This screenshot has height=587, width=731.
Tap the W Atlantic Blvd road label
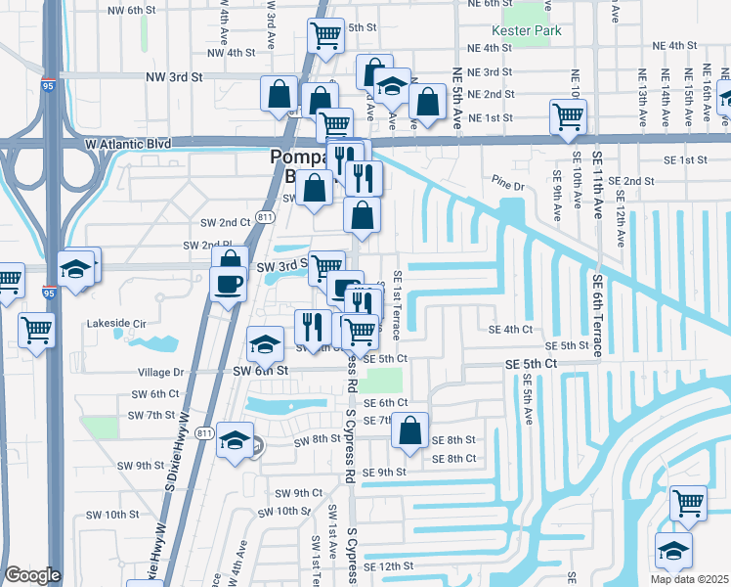pos(128,144)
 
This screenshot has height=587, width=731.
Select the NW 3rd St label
pos(173,76)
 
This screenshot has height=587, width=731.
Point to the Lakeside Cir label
pos(115,322)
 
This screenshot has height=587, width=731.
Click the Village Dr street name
pos(161,373)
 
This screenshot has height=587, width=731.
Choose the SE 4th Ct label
pos(512,331)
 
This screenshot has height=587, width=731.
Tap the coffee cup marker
pos(229,283)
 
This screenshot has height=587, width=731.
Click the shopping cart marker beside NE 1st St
pos(568,116)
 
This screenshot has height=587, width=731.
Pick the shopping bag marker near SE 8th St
pos(411,429)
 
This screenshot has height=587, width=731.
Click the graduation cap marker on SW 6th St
pos(264,343)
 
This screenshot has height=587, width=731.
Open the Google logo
pos(32,575)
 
